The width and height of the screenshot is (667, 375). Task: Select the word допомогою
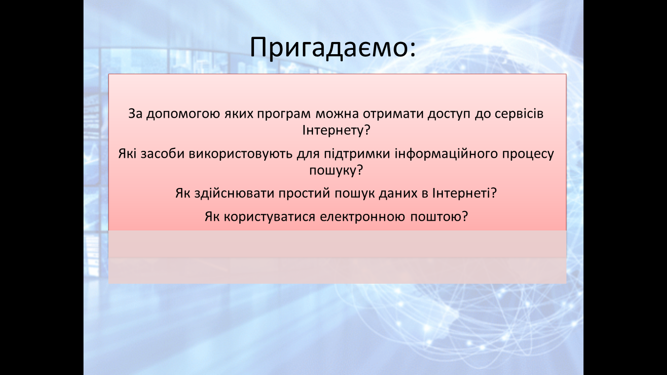pos(183,114)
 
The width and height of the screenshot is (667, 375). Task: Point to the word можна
pos(337,113)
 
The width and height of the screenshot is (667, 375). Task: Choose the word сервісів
pos(519,114)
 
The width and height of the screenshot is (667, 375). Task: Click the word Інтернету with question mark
pos(336,131)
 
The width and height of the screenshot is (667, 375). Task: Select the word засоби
pos(163,154)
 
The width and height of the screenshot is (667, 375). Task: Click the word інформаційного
pos(447,154)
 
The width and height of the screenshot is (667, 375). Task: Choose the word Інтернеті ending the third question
pos(464,193)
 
